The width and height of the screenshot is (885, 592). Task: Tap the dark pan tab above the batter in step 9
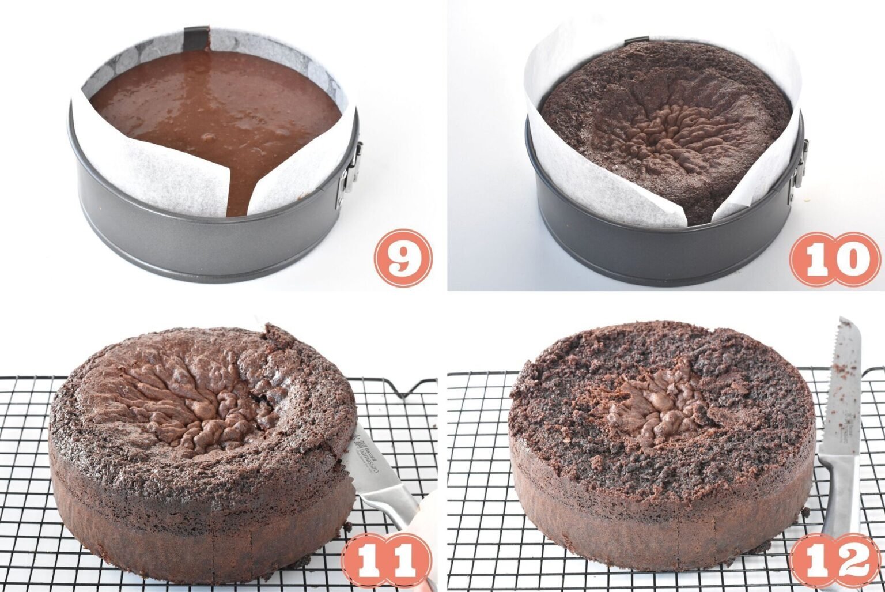coord(196,37)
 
